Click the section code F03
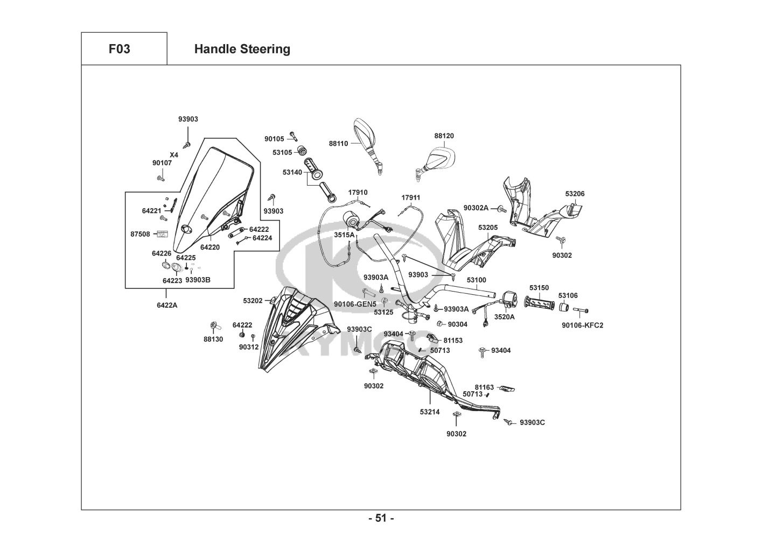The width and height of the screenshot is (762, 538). pos(119,49)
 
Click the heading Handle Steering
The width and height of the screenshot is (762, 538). pos(242,49)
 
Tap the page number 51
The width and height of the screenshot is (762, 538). pos(381,519)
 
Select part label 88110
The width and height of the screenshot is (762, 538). pos(338,144)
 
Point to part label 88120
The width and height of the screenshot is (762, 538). pos(444,136)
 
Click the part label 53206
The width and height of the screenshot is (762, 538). pos(575,194)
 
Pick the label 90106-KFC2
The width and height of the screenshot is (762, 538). pos(582,325)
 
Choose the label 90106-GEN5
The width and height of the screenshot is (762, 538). pos(355,305)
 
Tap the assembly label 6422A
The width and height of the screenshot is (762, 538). pos(166,305)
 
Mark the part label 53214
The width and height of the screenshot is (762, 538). pos(430,412)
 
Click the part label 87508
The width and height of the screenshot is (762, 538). pos(140,234)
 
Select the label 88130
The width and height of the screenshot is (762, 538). pos(213,339)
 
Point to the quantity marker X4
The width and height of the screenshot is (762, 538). pos(174,154)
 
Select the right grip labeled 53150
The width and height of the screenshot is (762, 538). pos(540,303)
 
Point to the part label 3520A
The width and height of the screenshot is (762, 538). pos(505,317)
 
